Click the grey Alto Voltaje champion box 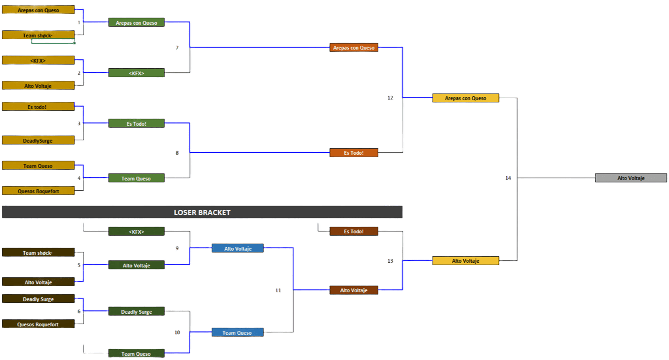point(631,178)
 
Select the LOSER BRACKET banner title point(202,212)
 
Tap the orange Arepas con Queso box point(353,48)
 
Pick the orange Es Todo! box point(353,153)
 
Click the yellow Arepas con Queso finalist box point(466,98)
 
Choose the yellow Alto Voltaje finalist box point(466,261)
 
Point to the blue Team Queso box point(237,333)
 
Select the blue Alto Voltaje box point(237,249)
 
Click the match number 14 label point(508,178)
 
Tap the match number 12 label point(390,98)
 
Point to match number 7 point(177,48)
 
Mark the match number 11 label point(278,290)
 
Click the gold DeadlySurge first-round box point(38,141)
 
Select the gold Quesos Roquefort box point(38,191)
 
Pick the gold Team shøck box point(38,35)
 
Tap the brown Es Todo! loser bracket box point(353,231)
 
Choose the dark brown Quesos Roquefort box point(38,324)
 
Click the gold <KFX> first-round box point(38,60)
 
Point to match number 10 point(177,332)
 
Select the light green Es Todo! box point(136,124)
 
